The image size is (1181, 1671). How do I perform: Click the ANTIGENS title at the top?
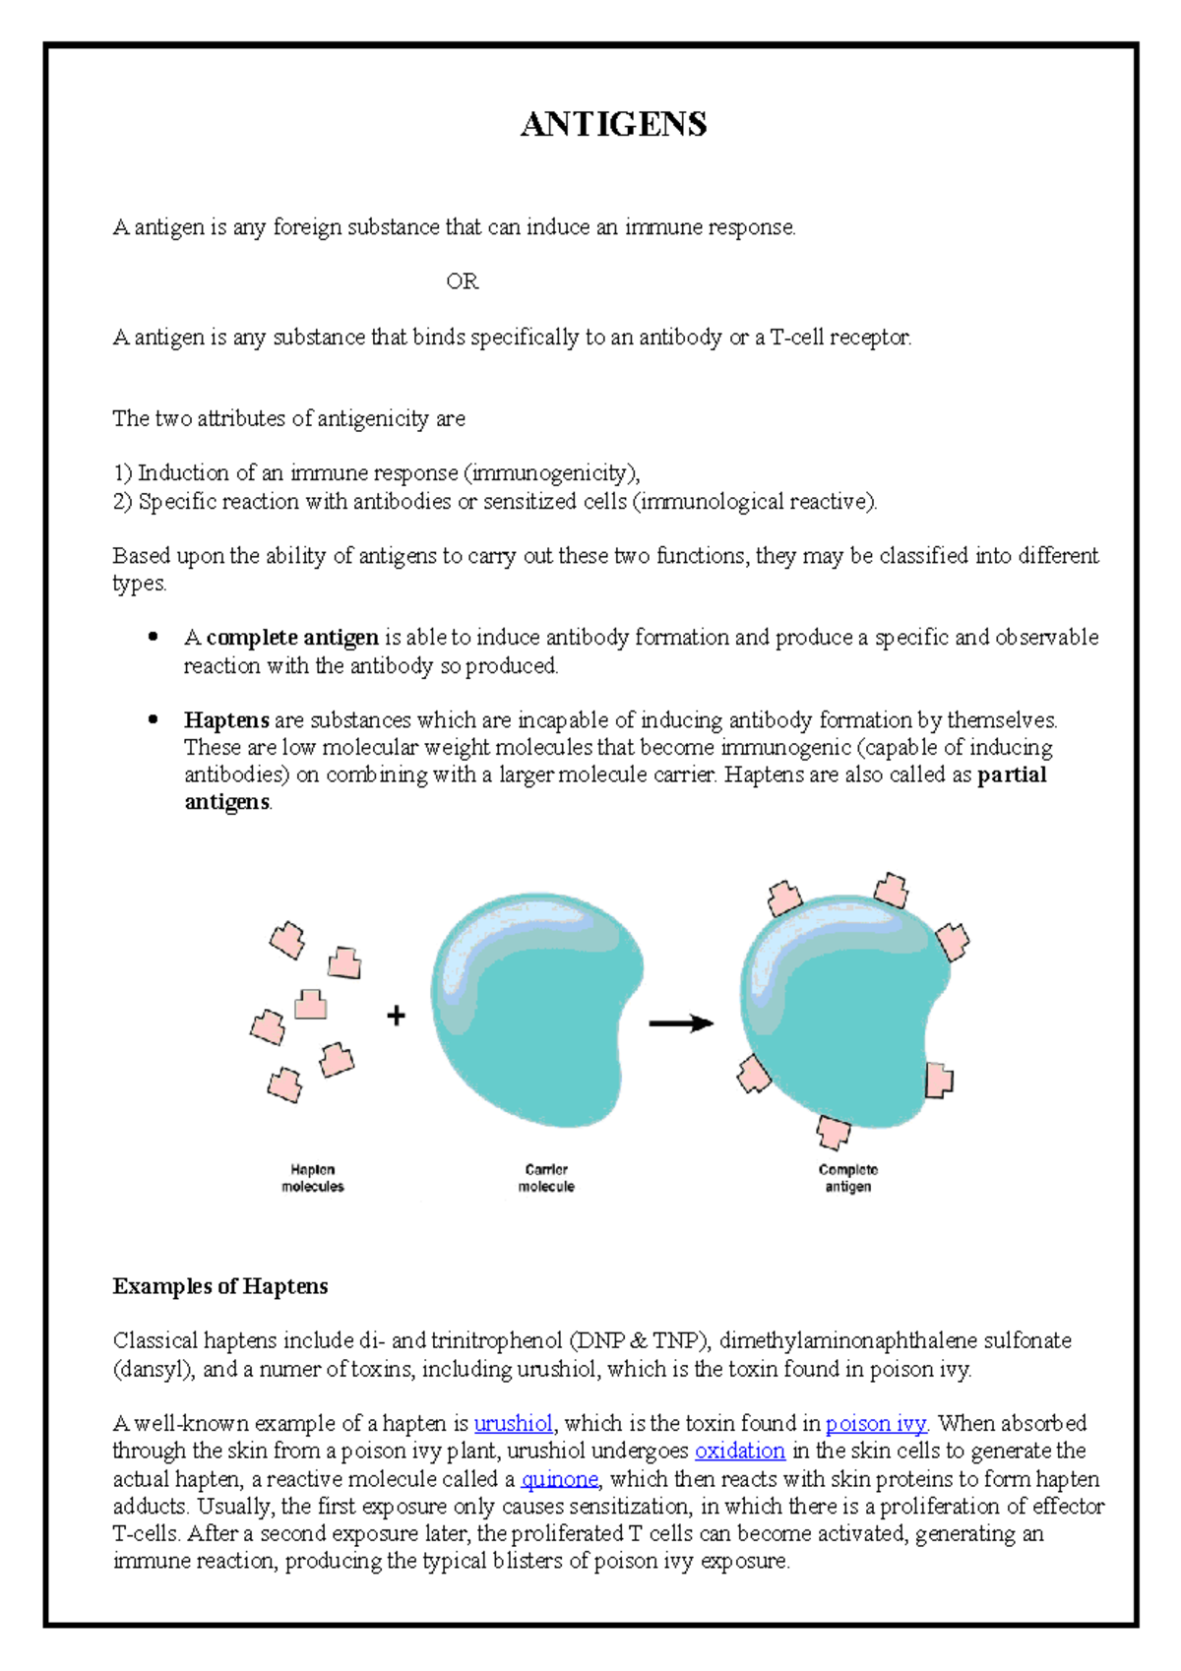point(613,124)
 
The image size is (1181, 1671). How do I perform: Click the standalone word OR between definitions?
point(462,281)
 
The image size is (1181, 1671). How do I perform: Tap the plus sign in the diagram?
point(396,1016)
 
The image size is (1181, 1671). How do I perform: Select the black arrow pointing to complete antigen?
point(681,1023)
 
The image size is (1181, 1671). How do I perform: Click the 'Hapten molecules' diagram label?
point(313,1178)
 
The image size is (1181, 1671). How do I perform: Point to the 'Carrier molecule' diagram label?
point(546,1178)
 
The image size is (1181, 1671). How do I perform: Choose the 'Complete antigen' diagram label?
point(847,1178)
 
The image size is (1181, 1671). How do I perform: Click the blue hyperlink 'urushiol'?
point(513,1423)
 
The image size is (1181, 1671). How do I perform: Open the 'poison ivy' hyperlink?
point(876,1423)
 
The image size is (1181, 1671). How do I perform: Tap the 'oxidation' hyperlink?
point(739,1451)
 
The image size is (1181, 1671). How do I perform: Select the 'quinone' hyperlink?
point(559,1478)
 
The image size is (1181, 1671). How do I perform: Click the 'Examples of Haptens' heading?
point(219,1286)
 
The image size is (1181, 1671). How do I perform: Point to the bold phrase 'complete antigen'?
point(292,638)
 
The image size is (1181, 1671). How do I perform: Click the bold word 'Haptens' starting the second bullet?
point(226,720)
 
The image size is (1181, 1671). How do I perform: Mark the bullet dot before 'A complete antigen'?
point(153,637)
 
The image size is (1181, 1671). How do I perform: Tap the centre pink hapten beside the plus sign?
point(311,1004)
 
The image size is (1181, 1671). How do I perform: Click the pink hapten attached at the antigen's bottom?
point(833,1131)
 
